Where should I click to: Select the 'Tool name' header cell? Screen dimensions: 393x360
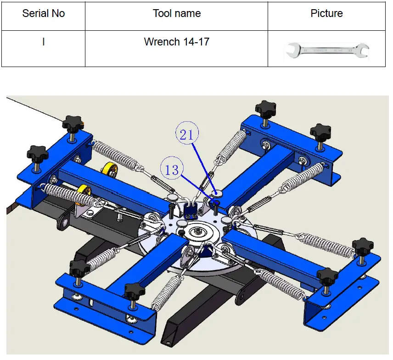pos(176,16)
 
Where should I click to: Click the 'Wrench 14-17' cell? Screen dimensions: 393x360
pos(176,49)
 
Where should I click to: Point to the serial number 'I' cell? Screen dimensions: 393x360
pos(43,49)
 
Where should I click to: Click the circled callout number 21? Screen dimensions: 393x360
pos(187,133)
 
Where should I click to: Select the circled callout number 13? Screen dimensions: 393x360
pos(172,168)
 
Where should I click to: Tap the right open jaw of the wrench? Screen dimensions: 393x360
pos(362,50)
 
